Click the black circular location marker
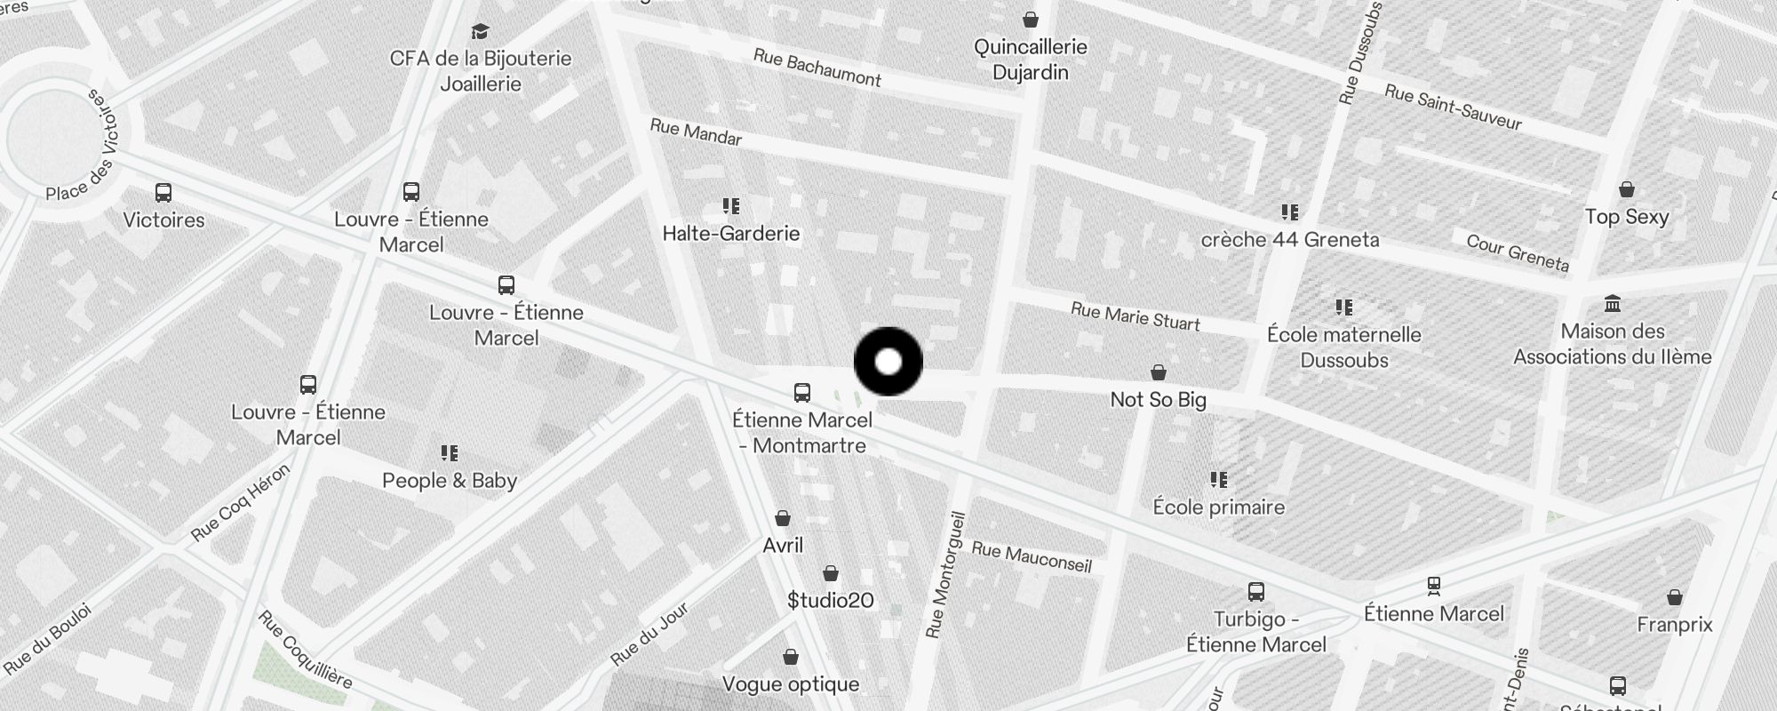(888, 362)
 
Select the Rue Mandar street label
(696, 132)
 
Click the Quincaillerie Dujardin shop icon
(1031, 19)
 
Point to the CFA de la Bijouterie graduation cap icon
(481, 32)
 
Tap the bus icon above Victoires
(163, 192)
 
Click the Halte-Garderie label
(731, 234)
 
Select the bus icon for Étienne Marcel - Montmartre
(801, 392)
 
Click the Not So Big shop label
(1159, 400)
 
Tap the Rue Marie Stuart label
(1136, 316)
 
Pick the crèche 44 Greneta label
(1290, 240)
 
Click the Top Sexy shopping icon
(1627, 189)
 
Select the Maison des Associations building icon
(1613, 304)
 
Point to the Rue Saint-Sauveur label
(1454, 107)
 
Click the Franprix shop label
(1675, 625)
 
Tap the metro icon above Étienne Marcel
(1433, 586)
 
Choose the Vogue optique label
(791, 684)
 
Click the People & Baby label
(450, 481)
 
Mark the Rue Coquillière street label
(305, 650)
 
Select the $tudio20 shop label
(831, 601)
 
